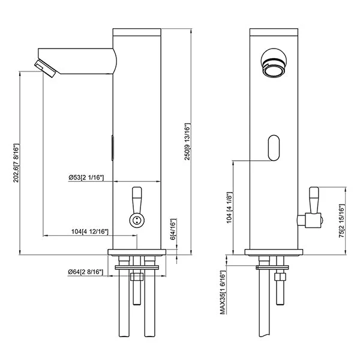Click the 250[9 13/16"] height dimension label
point(188,142)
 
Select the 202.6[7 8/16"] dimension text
point(16,163)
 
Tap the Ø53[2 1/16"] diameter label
point(86,178)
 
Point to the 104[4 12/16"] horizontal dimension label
point(89,232)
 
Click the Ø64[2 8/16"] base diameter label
point(85,272)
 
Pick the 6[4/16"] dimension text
point(173,229)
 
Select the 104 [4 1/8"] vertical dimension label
point(230,208)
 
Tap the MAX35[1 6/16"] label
point(223,293)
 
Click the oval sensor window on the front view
point(274,148)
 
